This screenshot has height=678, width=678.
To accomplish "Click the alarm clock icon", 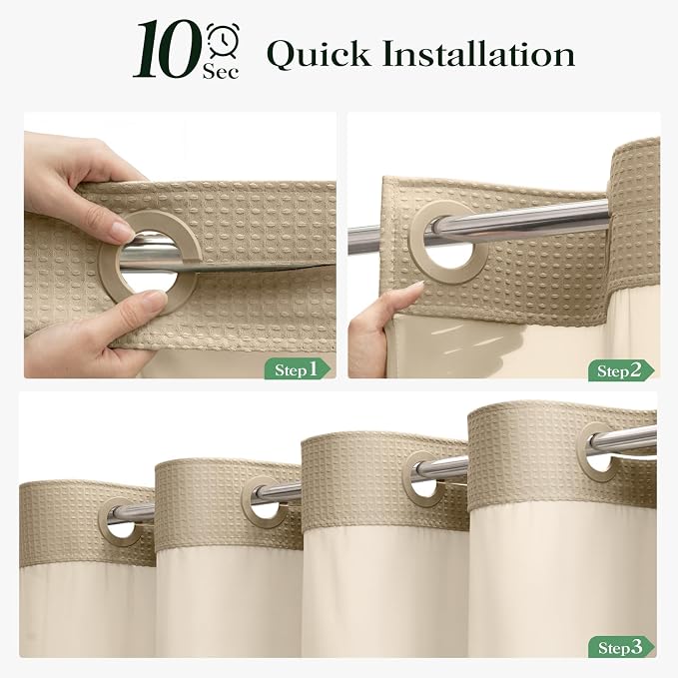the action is coord(223,40).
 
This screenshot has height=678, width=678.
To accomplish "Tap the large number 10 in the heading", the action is coord(168,50).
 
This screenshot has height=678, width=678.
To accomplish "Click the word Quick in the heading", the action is coord(319,54).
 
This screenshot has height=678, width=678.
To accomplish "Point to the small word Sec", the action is coord(221,71).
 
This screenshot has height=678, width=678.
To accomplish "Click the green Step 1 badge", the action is coord(297,368).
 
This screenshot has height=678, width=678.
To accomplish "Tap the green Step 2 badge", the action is coord(621,370).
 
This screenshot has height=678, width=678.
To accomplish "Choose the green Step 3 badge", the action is coord(621,647).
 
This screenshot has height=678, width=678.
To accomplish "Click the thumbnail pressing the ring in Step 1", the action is coord(123,230).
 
